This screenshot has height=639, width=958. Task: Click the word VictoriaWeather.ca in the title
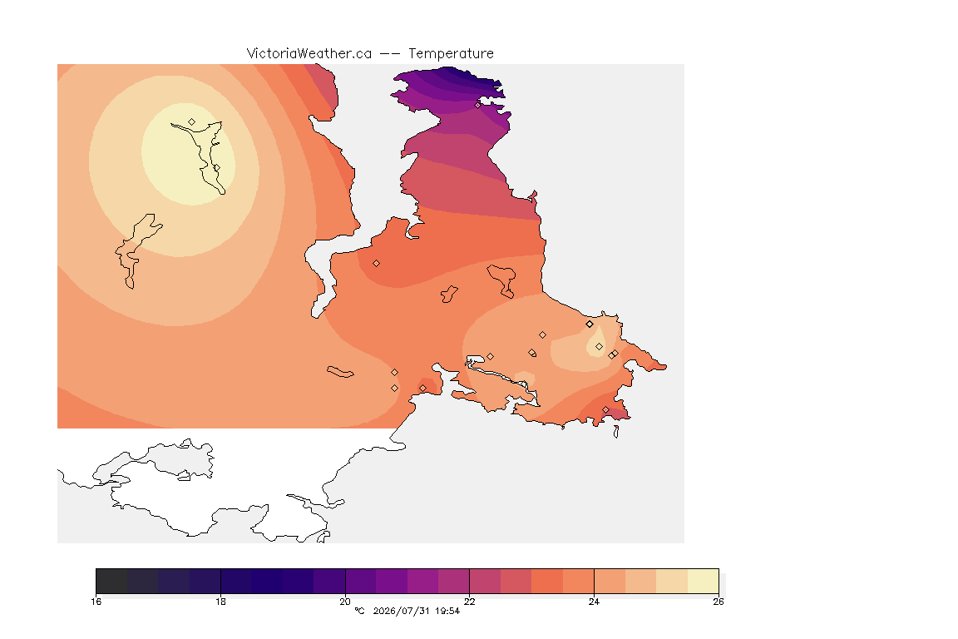point(309,54)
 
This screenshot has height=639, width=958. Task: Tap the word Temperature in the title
point(451,54)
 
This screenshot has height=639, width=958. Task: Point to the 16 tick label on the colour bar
point(96,602)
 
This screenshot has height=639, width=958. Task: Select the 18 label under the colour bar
point(220,602)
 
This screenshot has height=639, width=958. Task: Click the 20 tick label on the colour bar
point(345,602)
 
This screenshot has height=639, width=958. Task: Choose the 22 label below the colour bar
point(469,602)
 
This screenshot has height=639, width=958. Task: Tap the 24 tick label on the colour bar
point(594,602)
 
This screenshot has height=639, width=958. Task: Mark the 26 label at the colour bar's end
point(718,602)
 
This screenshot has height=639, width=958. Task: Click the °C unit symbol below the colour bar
point(359,611)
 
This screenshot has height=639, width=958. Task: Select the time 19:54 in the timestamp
point(447,611)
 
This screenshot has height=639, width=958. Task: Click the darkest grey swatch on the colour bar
point(111,581)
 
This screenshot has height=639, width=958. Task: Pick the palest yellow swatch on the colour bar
point(704,581)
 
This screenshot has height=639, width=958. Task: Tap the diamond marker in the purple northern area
point(478,105)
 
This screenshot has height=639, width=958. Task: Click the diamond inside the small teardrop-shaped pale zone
point(599,347)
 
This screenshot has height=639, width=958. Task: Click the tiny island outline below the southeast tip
point(616,432)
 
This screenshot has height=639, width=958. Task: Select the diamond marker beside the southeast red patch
point(605,409)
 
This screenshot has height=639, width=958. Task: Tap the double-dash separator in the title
point(390,54)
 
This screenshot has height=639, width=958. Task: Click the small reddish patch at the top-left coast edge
point(323,92)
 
